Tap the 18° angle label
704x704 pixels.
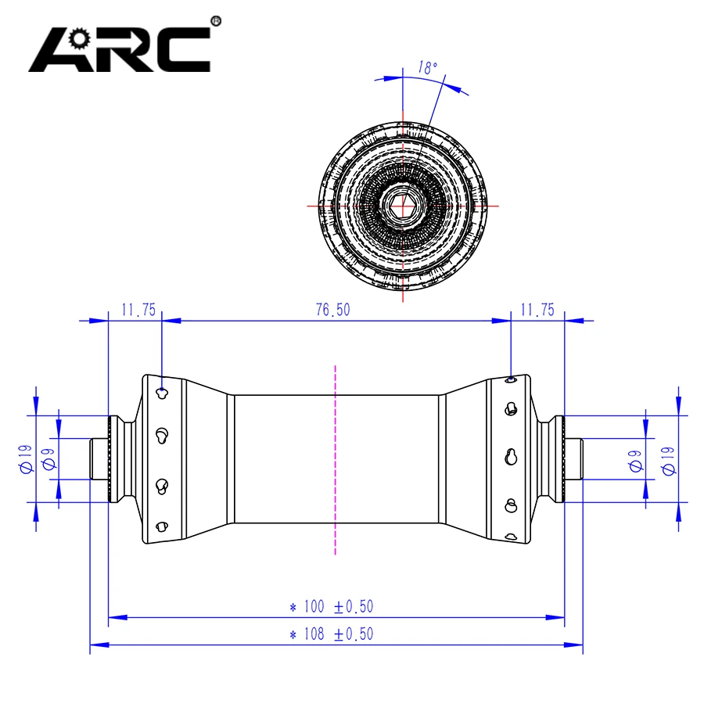[x=427, y=68]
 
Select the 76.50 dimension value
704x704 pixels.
[x=333, y=310]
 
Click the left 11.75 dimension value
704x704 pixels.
[x=138, y=310]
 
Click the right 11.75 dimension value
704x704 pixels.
[x=537, y=310]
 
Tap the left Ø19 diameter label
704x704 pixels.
[x=24, y=458]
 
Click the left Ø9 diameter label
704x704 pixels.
[x=48, y=458]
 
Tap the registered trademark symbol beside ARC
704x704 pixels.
[x=217, y=21]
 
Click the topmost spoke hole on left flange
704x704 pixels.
[x=161, y=391]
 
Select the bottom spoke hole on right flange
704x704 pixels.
[x=510, y=537]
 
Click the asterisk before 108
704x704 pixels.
[x=293, y=634]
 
